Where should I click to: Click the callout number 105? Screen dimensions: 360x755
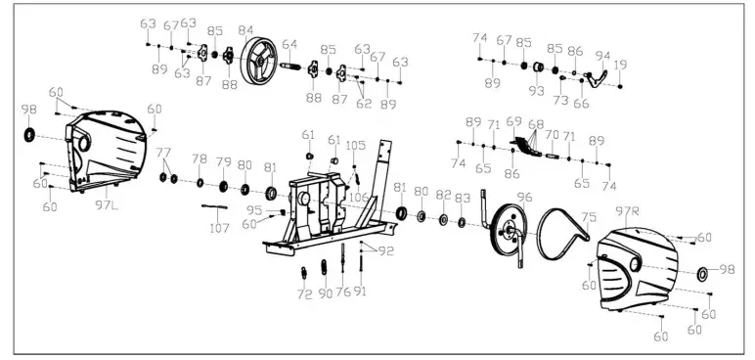(356, 145)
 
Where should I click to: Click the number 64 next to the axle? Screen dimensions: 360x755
(289, 44)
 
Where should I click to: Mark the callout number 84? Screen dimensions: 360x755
(246, 30)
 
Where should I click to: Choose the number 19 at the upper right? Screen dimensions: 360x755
(621, 65)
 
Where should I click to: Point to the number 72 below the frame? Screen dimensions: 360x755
(304, 293)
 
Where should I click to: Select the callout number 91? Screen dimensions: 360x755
(361, 292)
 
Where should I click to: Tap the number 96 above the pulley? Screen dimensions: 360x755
(524, 197)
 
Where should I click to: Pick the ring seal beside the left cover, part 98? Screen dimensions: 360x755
(28, 133)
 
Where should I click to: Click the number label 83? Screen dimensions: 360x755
(463, 197)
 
